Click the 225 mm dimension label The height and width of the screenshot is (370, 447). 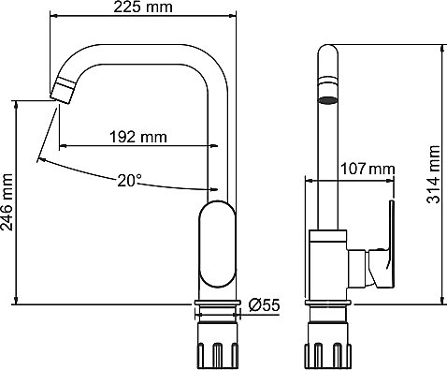tap(143, 7)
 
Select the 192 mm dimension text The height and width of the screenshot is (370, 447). tap(138, 137)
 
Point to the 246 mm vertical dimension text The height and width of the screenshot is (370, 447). tap(7, 202)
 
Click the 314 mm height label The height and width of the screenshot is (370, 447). tap(433, 174)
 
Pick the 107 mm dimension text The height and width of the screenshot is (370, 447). tap(368, 169)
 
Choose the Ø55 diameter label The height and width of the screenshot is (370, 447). tap(265, 305)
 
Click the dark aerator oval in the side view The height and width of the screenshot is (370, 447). tap(327, 100)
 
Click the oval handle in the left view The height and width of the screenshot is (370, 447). tap(217, 244)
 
